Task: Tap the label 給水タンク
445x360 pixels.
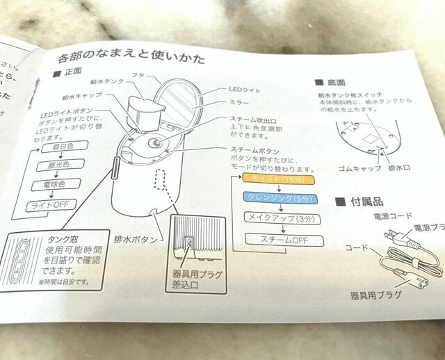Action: coord(104,81)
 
